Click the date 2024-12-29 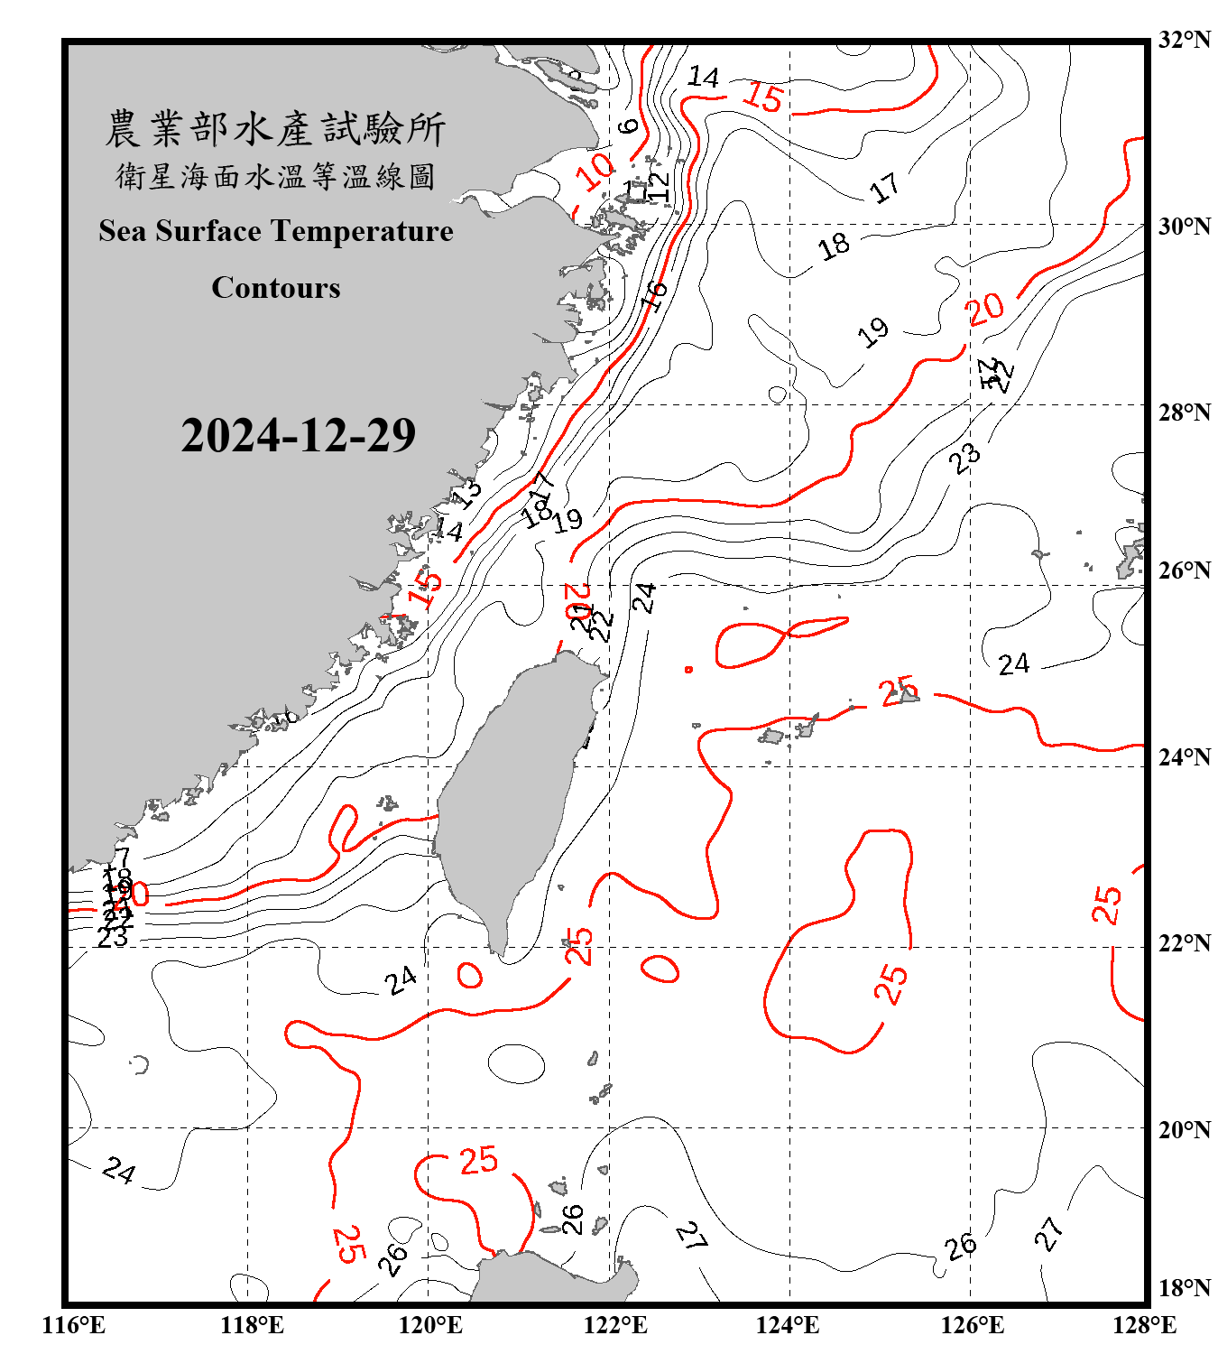coord(298,435)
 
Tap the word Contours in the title coord(276,288)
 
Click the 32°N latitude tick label coord(1184,41)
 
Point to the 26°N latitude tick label coord(1184,570)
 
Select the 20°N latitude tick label coord(1184,1129)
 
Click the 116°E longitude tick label coord(73,1325)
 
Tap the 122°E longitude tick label coord(615,1325)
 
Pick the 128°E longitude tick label coord(1144,1325)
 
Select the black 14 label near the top coord(703,77)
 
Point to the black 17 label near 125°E coord(884,188)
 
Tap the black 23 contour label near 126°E coord(964,458)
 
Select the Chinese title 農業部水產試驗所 coord(275,129)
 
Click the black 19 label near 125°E coord(872,332)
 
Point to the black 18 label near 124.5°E coord(834,246)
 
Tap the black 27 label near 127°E coord(1048,1233)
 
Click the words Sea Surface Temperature coord(276,231)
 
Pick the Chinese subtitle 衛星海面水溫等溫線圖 coord(275,177)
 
